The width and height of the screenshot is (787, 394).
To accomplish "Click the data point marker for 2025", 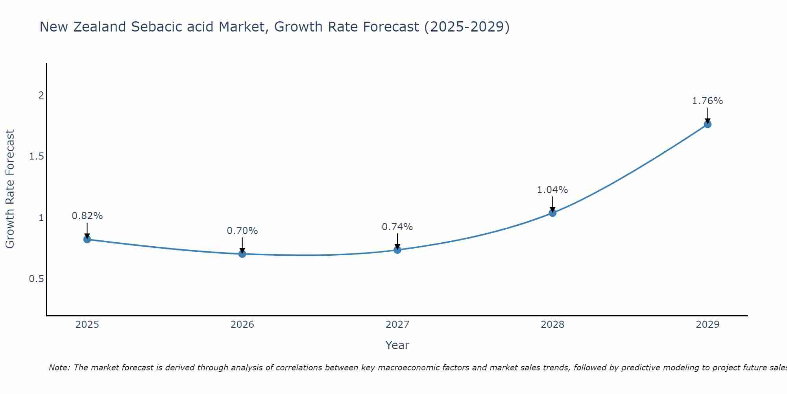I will click(87, 239).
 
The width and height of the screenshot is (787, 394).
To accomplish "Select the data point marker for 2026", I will click(242, 254).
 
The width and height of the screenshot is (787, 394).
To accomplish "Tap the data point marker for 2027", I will click(397, 250).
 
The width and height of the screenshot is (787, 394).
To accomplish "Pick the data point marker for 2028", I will click(552, 213).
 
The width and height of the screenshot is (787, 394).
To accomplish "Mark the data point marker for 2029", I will click(708, 125).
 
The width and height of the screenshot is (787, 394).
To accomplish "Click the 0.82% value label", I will click(87, 216).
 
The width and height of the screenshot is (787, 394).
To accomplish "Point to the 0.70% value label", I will click(242, 231).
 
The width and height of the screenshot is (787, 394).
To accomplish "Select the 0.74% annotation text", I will click(397, 227).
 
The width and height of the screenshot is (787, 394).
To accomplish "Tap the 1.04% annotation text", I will click(552, 190).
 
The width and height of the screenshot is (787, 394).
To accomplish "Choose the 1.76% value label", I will click(708, 101).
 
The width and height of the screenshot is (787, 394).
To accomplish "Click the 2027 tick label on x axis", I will click(397, 325).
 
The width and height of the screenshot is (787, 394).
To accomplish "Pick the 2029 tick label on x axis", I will click(708, 325).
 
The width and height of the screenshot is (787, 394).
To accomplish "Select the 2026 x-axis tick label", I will click(242, 325).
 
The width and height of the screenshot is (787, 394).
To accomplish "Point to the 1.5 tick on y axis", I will click(36, 156).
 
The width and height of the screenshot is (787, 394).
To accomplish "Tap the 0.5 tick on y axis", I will click(36, 279).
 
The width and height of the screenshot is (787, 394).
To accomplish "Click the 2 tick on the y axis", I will click(41, 95).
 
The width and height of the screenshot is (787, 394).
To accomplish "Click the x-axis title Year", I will click(397, 345).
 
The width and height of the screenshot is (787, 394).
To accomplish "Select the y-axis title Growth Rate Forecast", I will click(10, 189).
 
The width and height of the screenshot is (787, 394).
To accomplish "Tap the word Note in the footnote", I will click(59, 368).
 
